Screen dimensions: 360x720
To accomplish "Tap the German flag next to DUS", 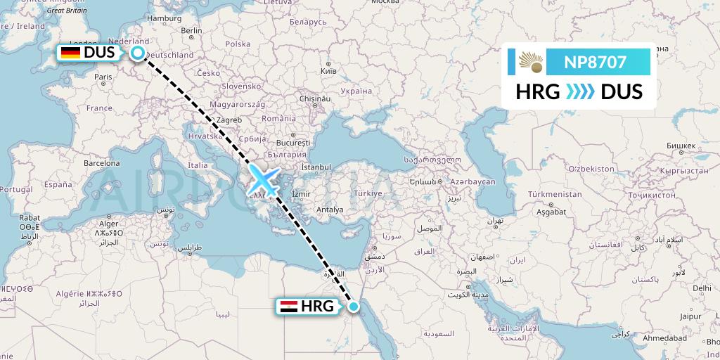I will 70,53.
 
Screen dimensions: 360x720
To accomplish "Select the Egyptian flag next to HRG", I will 288,307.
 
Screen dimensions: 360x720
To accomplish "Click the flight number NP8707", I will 595,62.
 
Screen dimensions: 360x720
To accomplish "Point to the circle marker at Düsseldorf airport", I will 139,53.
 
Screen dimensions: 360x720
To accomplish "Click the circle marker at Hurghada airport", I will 354,307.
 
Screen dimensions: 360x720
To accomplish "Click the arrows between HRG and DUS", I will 580,92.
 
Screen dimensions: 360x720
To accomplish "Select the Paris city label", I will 104,77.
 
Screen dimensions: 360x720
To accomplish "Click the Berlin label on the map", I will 191,30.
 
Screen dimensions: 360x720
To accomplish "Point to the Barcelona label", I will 102,162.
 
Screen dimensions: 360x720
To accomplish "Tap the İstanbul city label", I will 315,167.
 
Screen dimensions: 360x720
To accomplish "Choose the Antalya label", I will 330,210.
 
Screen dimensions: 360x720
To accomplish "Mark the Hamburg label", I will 166,18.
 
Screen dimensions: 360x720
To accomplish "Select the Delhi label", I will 701,288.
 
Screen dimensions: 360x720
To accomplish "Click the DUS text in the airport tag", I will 99,53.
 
